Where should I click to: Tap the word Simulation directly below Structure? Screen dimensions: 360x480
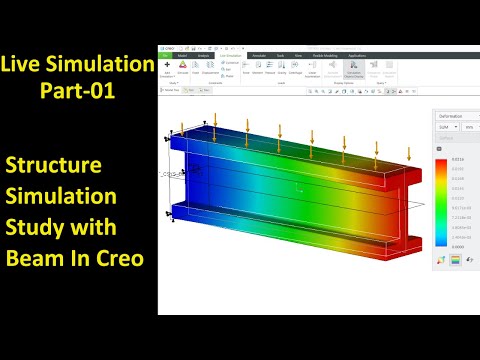click(x=63, y=198)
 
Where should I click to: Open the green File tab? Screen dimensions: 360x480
click(x=166, y=54)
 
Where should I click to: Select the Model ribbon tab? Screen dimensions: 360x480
click(x=182, y=54)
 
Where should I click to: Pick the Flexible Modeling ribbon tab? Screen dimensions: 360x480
click(x=328, y=54)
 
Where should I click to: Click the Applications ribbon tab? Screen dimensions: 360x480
click(x=371, y=54)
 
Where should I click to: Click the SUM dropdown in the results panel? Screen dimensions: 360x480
click(x=447, y=127)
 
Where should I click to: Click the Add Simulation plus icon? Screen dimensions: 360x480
click(x=167, y=64)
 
